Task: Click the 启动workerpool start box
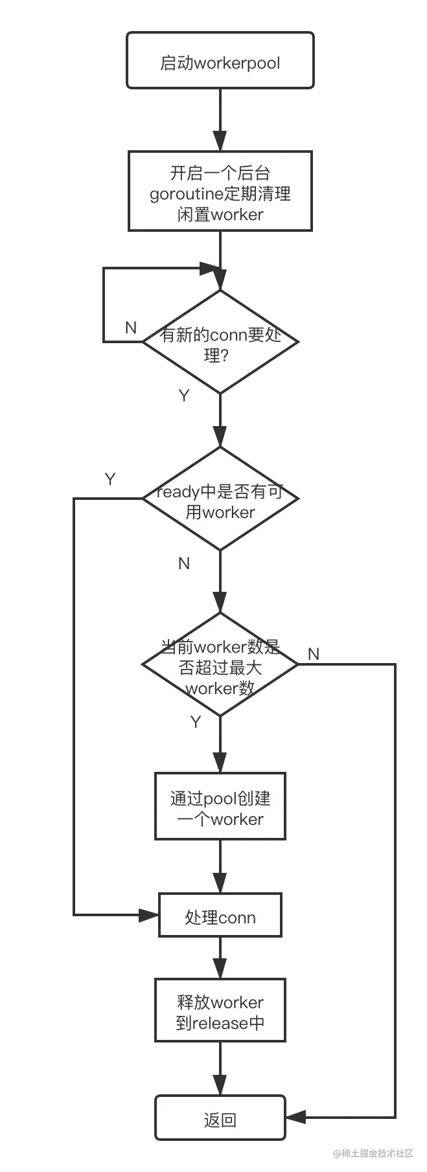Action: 220,62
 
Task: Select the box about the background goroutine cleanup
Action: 220,192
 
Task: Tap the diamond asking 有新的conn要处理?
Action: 220,342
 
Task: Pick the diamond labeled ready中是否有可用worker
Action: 220,499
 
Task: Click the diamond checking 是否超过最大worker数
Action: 220,665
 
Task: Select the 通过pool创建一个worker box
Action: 220,808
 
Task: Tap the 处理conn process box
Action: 220,916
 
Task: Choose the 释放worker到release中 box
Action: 220,1012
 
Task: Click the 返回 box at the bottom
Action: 220,1120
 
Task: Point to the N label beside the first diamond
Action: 132,327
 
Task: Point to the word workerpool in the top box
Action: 237,63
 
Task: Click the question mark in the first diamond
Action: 224,355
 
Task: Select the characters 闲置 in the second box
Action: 189,214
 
